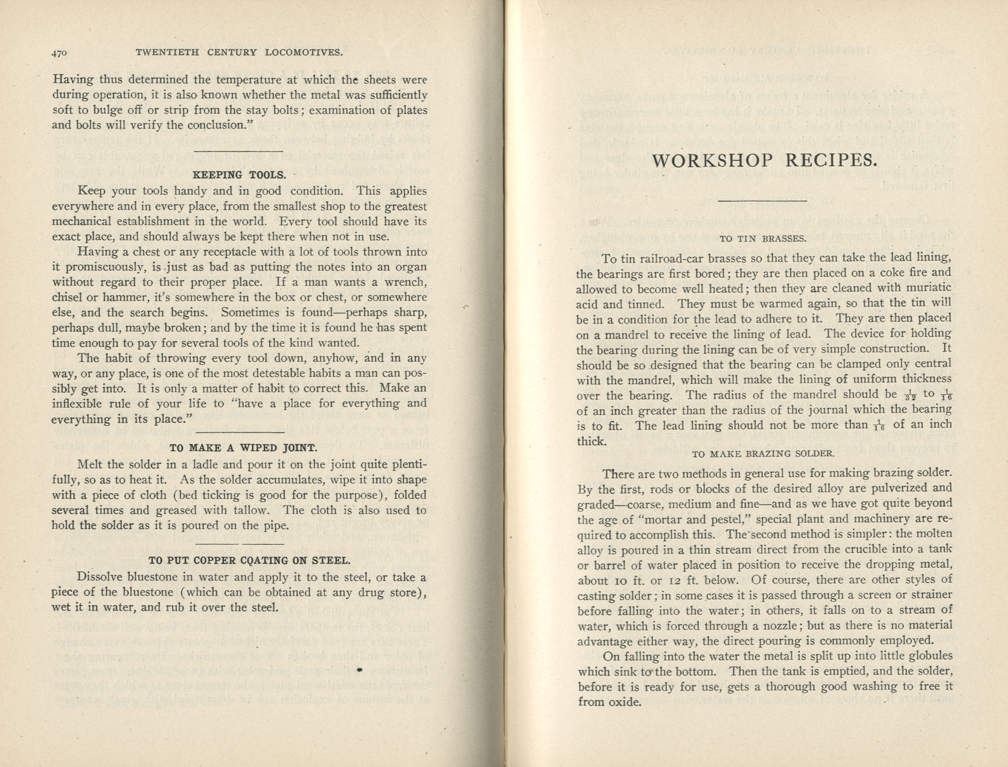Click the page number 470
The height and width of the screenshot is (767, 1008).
point(59,53)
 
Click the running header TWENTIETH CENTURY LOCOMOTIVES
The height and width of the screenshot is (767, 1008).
point(240,53)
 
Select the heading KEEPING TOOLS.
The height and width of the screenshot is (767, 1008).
point(239,175)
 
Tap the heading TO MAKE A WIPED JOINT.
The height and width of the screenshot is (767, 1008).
point(243,448)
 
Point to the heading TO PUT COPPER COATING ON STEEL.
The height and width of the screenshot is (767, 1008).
point(249,560)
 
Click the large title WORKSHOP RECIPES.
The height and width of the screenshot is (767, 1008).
point(764,161)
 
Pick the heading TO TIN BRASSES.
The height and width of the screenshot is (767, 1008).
point(763,239)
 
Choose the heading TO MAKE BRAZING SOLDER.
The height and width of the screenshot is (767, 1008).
point(763,454)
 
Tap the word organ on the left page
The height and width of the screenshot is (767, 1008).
point(411,267)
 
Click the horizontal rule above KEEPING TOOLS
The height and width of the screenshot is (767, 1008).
point(239,151)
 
